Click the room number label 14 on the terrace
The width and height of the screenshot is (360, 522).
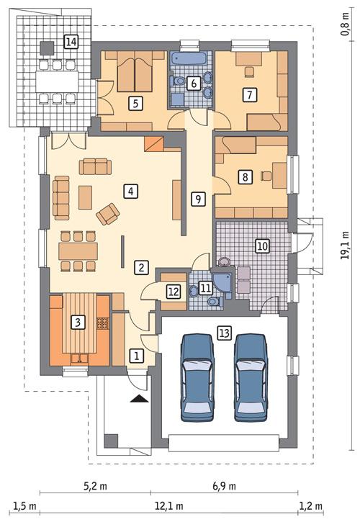tap(70, 41)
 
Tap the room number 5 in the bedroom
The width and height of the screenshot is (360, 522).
tap(134, 103)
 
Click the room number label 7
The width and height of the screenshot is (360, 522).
tap(249, 94)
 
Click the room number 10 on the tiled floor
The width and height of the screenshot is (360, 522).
tap(262, 246)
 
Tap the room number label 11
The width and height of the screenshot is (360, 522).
tap(206, 288)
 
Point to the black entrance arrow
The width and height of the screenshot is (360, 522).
tap(140, 397)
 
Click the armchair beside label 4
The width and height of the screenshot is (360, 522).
tap(108, 213)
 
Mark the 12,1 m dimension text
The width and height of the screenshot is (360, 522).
tap(169, 505)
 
